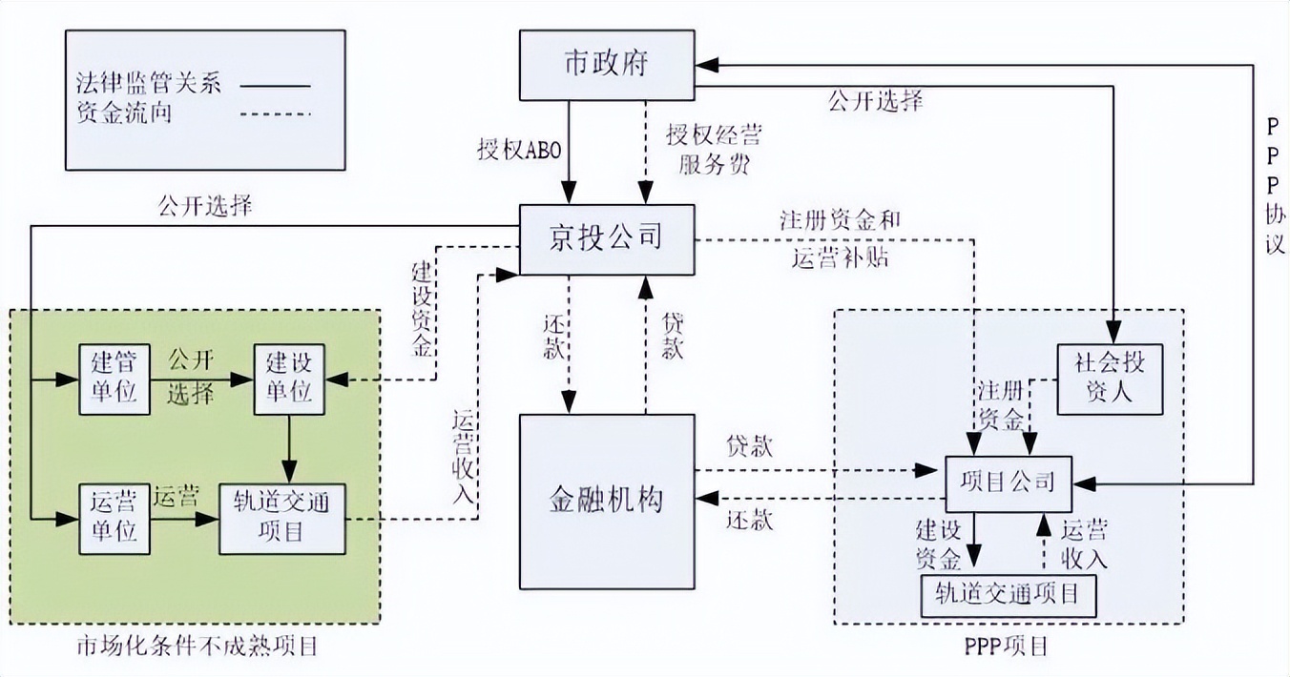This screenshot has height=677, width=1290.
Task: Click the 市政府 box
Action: tap(606, 65)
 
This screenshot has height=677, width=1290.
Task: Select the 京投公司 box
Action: tap(606, 237)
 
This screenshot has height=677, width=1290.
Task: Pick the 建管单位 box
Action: tap(114, 380)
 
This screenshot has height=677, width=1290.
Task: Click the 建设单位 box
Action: tap(289, 380)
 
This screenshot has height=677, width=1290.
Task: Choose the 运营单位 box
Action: tap(114, 518)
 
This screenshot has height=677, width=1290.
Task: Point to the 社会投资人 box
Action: tap(1110, 380)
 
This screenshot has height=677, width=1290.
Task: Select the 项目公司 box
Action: tap(1008, 482)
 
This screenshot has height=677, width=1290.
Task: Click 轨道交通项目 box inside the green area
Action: tap(282, 518)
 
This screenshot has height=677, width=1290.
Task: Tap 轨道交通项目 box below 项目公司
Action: tap(1008, 596)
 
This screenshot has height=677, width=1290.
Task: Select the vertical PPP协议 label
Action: tap(1275, 186)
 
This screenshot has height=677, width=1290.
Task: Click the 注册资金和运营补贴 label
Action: tap(840, 239)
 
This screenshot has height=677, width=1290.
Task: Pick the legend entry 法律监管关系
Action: tap(148, 85)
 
